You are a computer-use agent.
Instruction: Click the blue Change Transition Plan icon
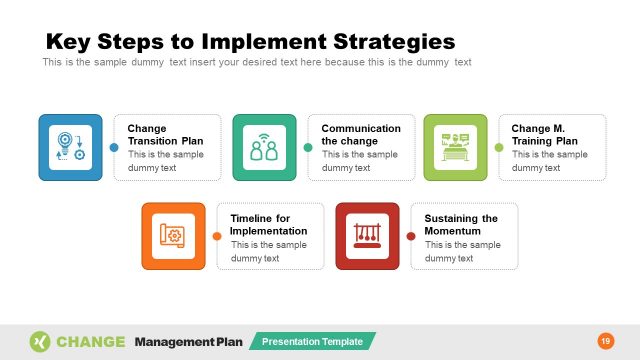(70, 147)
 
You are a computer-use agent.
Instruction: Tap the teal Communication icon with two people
(264, 147)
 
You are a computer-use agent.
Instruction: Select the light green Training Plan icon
(455, 147)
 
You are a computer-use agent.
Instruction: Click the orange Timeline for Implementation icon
(173, 236)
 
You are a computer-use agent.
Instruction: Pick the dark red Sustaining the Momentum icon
(367, 236)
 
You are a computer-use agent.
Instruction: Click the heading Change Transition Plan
(165, 135)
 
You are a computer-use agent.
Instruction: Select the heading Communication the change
(361, 135)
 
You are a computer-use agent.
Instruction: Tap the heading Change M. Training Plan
(545, 135)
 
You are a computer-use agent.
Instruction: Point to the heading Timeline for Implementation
(268, 224)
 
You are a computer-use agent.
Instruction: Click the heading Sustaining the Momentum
(461, 224)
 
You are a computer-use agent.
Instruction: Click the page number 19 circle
(605, 341)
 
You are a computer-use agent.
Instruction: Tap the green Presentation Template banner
(312, 342)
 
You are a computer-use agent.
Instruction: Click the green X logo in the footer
(40, 341)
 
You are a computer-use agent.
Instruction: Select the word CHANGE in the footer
(91, 342)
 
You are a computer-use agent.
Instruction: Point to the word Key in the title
(69, 42)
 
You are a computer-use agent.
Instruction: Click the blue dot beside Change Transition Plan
(113, 147)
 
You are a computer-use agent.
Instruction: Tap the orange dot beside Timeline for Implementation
(217, 236)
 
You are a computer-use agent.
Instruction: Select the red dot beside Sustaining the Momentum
(410, 236)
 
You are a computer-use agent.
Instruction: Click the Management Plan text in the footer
(188, 342)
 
